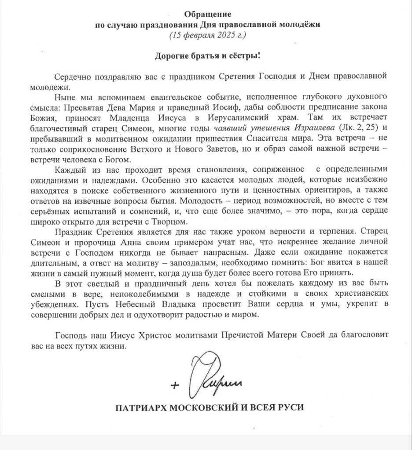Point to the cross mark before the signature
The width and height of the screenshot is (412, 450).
(x=176, y=385)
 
